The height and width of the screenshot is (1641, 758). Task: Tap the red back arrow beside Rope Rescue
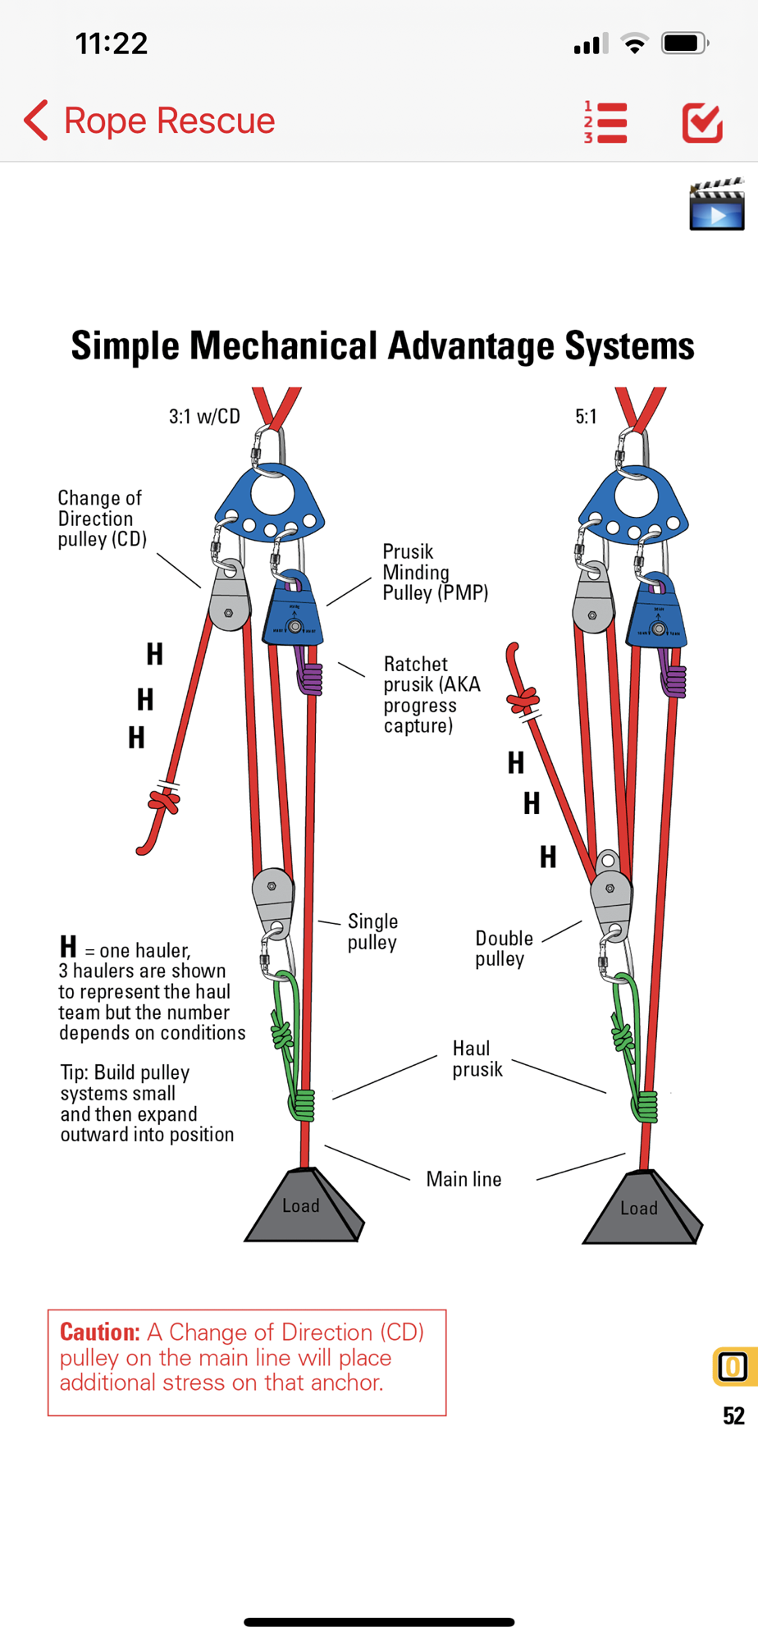(x=36, y=121)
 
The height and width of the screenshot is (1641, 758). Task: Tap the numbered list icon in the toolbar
(x=606, y=123)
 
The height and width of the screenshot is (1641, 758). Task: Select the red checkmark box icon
(x=702, y=123)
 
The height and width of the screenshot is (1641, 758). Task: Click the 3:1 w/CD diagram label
(x=204, y=417)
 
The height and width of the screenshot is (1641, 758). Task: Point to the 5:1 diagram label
(x=586, y=417)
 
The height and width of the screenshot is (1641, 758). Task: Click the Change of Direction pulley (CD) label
(x=102, y=519)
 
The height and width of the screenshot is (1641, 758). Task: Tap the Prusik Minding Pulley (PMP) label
(x=434, y=572)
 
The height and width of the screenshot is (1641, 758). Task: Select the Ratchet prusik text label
(x=432, y=695)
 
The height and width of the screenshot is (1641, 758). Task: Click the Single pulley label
(x=372, y=931)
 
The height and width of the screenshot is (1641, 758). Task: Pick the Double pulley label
(x=504, y=948)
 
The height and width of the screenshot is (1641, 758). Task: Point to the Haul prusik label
(x=477, y=1058)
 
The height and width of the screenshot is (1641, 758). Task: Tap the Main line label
(x=463, y=1179)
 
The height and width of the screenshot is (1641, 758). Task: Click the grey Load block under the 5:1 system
(x=640, y=1209)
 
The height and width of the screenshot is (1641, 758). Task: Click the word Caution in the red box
(x=99, y=1332)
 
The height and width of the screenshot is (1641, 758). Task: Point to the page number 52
(x=733, y=1415)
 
